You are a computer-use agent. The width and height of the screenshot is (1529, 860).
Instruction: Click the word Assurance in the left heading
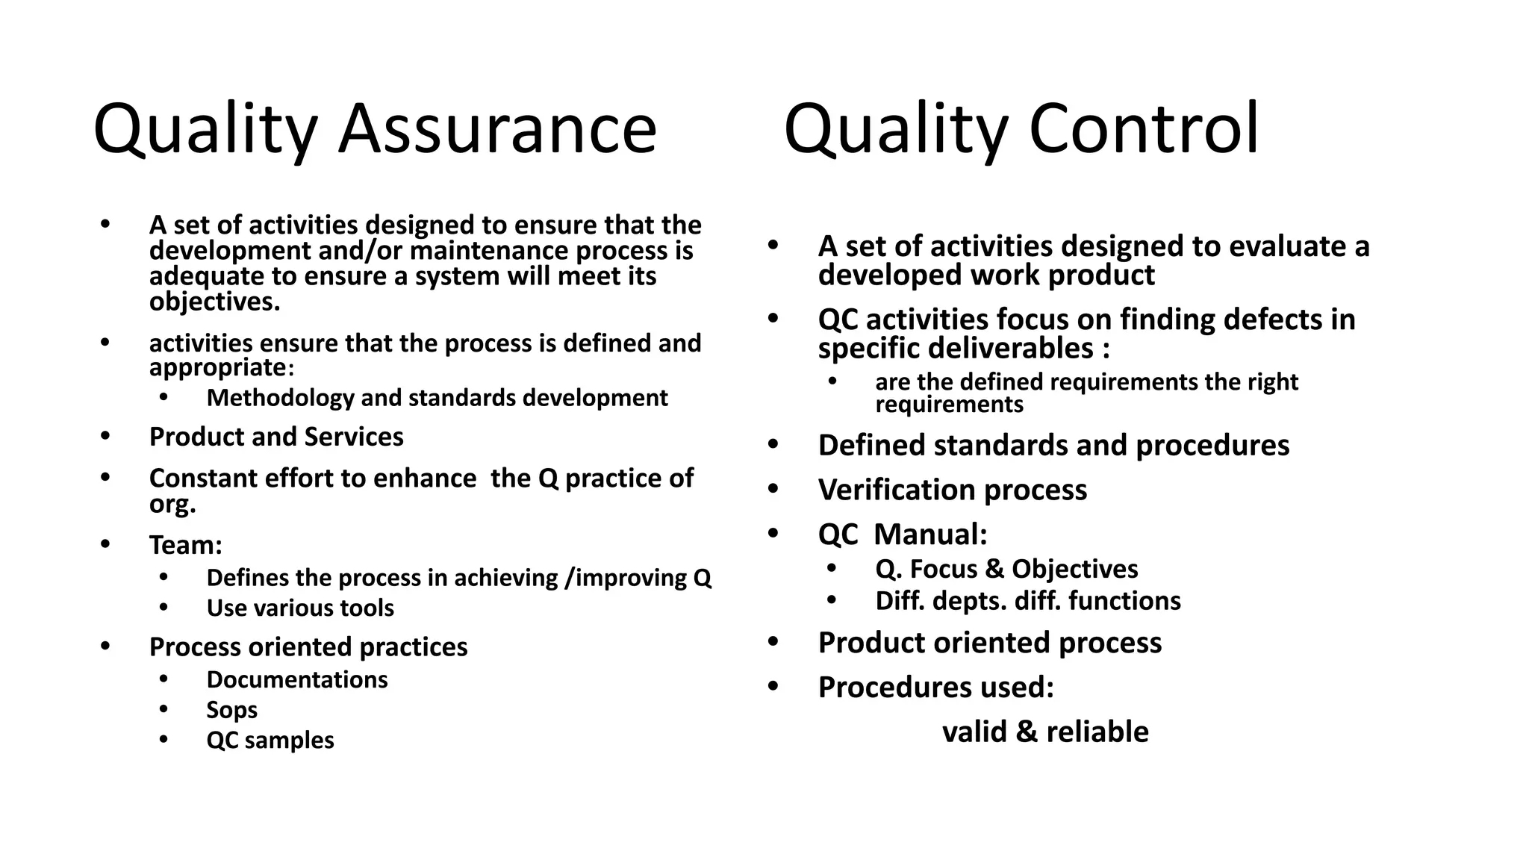496,130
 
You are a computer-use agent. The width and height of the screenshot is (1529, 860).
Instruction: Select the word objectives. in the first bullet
215,302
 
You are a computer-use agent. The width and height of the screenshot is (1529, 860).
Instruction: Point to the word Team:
186,545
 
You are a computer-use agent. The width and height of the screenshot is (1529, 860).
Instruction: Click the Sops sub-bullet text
231,710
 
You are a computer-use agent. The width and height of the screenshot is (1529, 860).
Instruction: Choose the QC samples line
270,741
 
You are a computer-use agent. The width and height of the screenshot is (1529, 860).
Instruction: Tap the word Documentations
297,680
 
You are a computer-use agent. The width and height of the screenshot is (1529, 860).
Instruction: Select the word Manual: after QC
930,535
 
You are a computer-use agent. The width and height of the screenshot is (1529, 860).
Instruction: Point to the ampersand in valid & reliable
1027,732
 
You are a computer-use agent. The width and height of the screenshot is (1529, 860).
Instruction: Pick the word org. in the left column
172,504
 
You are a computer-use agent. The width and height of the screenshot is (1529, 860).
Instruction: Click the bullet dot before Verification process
773,489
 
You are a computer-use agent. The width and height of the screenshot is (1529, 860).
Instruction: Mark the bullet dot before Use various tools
164,607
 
